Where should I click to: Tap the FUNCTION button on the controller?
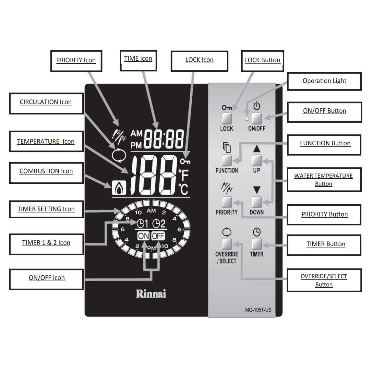[x=227, y=160]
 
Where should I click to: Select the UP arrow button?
[x=257, y=160]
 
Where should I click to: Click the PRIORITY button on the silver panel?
[x=227, y=202]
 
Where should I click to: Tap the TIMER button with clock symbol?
[x=257, y=244]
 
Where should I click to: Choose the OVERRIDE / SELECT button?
[x=227, y=244]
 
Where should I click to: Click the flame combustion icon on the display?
[x=119, y=187]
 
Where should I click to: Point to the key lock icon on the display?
[x=185, y=161]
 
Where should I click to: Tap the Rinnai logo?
[x=151, y=294]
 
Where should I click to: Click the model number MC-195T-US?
[x=258, y=310]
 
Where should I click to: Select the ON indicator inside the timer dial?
[x=143, y=236]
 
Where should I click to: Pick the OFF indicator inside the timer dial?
[x=158, y=236]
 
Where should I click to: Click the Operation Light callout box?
[x=324, y=81]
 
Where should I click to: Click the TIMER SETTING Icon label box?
[x=46, y=209]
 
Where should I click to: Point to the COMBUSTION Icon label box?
[x=46, y=171]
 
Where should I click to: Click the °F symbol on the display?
[x=184, y=174]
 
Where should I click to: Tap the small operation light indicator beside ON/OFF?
[x=247, y=118]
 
